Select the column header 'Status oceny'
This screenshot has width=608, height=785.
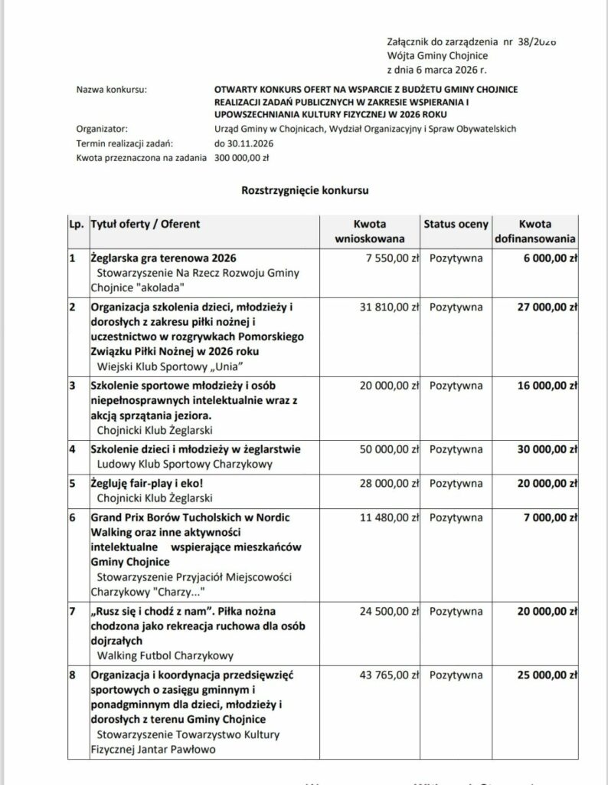tap(456, 224)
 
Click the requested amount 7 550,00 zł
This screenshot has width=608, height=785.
tap(389, 258)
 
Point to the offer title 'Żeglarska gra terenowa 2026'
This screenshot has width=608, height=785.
tap(163, 258)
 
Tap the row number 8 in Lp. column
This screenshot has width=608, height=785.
tap(72, 676)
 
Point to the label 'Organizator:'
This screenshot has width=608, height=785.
tap(103, 129)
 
